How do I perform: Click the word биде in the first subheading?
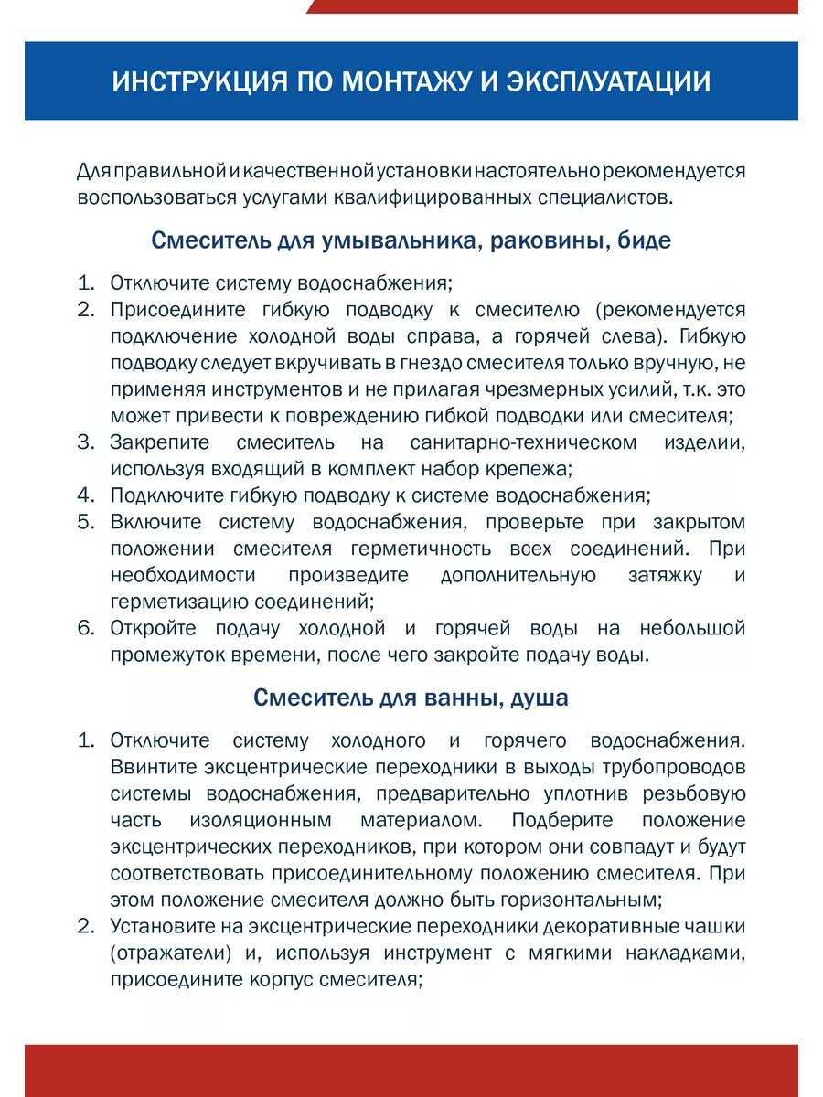pyautogui.click(x=646, y=241)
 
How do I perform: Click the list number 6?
pyautogui.click(x=85, y=628)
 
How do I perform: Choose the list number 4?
pyautogui.click(x=85, y=495)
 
